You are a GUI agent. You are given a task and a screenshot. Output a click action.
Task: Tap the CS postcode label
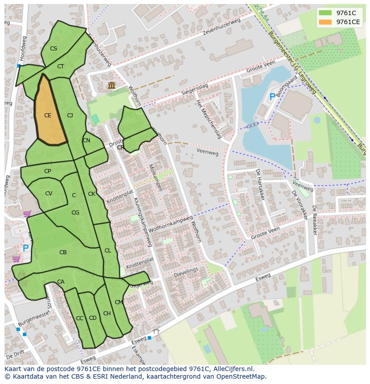coord(54,49)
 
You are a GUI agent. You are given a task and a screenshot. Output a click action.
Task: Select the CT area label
coord(61,66)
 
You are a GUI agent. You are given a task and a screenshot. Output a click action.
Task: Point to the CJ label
coord(70,116)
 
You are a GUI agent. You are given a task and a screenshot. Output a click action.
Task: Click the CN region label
coord(86,140)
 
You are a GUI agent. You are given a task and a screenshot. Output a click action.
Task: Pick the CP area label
coord(47,171)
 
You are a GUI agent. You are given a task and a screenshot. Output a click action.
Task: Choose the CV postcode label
coord(49,194)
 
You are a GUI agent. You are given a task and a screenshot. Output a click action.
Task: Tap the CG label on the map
coord(75,213)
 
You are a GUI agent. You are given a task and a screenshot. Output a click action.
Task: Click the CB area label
coord(63,252)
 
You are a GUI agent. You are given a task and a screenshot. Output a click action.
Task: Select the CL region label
coord(108,251)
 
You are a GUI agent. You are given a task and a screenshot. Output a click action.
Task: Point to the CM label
coord(118,302)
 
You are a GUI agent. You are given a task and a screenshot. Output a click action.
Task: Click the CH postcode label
coord(107,314)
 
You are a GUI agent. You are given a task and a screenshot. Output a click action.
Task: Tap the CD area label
coord(92,318)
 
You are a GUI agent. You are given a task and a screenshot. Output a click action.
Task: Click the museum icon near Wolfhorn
coord(111,85)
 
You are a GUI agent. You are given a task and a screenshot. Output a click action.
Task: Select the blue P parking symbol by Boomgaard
coord(272,96)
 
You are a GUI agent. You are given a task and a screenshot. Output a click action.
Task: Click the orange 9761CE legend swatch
coord(325,22)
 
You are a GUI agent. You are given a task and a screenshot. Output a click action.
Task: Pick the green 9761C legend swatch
coord(325,13)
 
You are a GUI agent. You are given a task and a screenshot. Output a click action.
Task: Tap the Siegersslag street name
coord(195,89)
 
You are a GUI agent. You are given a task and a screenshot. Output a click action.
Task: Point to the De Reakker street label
coord(315,220)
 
